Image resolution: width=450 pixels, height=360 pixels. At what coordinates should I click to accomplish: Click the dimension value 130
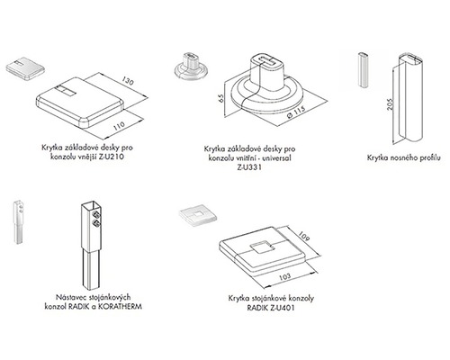[x=128, y=82]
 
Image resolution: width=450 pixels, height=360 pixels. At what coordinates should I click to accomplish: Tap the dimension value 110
[x=119, y=126]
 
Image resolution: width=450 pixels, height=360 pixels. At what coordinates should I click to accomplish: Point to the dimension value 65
[x=220, y=98]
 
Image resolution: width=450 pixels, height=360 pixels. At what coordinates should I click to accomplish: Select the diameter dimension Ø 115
[x=295, y=112]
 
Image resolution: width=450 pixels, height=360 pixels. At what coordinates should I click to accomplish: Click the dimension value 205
[x=390, y=104]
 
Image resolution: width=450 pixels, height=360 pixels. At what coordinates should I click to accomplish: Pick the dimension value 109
[x=304, y=237]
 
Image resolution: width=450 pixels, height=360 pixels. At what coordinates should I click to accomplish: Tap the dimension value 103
[x=284, y=276]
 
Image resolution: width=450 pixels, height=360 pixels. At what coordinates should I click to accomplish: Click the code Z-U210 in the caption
[x=112, y=157]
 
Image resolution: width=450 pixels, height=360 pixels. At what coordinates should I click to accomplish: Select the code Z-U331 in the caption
[x=249, y=167]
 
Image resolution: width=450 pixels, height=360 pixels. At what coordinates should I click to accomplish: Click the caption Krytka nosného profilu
[x=404, y=157]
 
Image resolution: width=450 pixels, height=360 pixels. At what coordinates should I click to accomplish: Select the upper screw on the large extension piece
[x=96, y=214]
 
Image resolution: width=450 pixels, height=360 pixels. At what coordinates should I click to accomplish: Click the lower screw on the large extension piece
[x=96, y=223]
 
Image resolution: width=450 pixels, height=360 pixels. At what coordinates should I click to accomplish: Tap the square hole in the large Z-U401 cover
[x=263, y=247]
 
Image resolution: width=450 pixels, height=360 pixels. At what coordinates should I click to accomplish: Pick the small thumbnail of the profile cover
[x=364, y=70]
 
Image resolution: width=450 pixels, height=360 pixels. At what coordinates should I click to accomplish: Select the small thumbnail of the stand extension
[x=18, y=221]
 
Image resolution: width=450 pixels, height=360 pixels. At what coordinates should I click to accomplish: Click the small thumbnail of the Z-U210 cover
[x=25, y=68]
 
